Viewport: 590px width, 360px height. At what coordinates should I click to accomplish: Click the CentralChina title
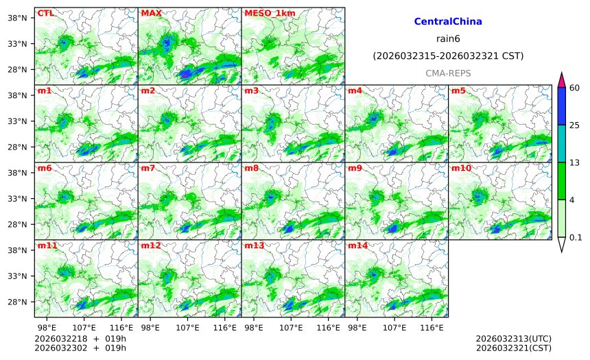[448, 22]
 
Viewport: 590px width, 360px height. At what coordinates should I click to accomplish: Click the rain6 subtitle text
[448, 39]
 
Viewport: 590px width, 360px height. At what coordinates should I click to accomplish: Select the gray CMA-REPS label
[448, 73]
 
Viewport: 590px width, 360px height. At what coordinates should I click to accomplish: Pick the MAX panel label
[152, 13]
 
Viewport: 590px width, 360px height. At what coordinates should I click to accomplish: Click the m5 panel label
[458, 91]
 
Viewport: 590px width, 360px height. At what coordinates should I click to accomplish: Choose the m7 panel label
[148, 168]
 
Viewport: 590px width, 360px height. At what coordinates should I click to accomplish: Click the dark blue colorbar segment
[561, 106]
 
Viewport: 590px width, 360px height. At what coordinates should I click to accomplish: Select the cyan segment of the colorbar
[561, 143]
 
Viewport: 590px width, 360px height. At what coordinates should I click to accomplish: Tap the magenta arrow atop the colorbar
[561, 79]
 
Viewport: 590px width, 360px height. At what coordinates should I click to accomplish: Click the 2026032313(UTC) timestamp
[513, 339]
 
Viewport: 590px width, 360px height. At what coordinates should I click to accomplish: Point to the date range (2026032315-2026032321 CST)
[448, 56]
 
